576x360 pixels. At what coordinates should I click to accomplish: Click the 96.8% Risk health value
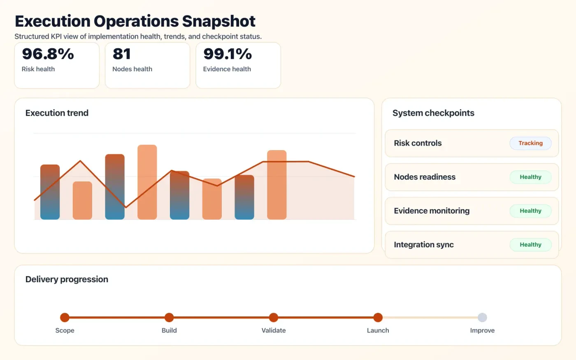pos(48,54)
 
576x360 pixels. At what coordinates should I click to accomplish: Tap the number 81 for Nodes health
pos(122,54)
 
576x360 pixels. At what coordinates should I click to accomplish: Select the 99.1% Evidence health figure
pos(227,54)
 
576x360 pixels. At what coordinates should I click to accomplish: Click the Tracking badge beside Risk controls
pos(530,143)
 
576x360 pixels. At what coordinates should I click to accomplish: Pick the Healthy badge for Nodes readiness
pos(530,177)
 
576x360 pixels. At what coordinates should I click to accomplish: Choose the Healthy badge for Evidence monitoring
pos(530,211)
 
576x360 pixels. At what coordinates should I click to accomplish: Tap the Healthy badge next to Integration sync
pos(530,244)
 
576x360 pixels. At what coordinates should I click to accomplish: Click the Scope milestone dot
pos(65,317)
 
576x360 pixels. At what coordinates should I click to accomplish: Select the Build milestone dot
pos(169,317)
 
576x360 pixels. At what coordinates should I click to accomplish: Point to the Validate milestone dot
pos(274,317)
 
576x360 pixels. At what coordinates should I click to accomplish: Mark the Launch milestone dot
pos(378,317)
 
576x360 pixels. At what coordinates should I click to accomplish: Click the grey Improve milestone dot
pos(482,317)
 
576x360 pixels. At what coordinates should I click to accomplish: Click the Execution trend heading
pos(57,113)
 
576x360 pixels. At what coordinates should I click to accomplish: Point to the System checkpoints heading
pos(433,113)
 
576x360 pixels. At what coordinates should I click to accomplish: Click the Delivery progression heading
pos(67,279)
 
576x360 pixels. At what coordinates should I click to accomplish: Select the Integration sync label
pos(424,245)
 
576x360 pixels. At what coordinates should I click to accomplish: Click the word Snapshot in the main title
pos(218,21)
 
